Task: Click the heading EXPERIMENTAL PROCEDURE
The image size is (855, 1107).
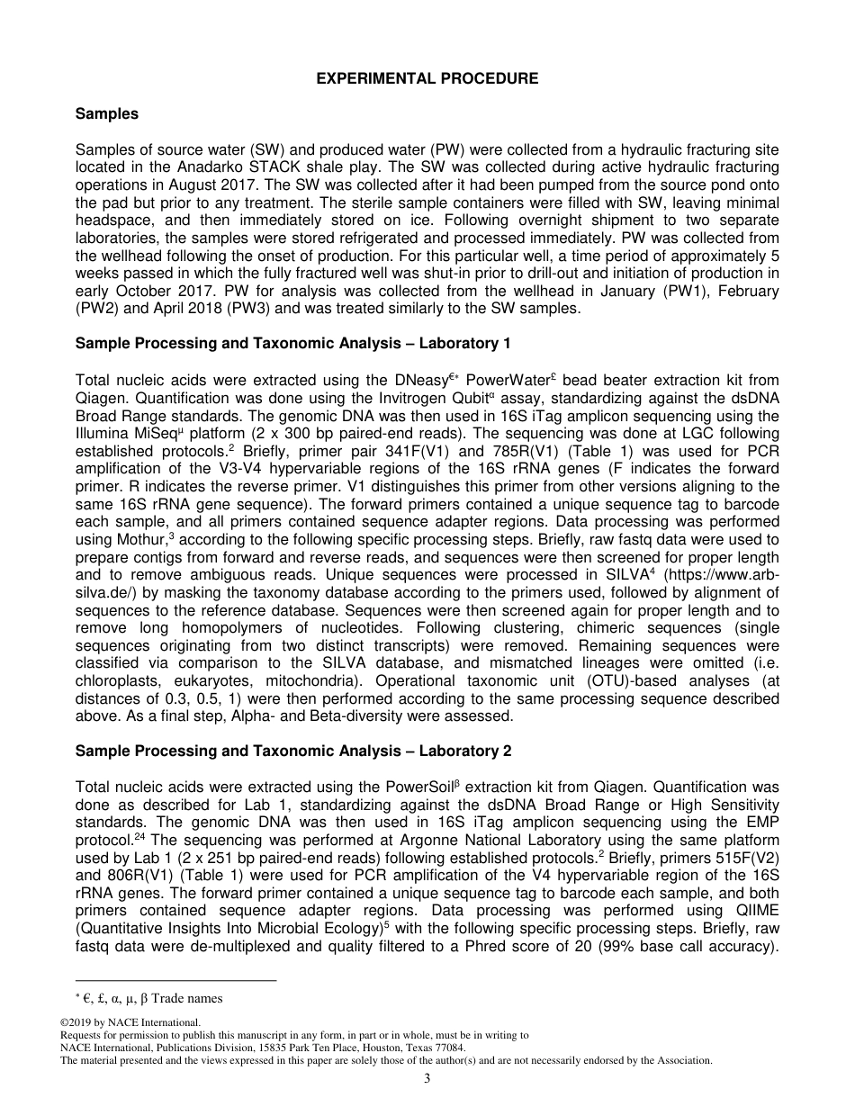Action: [427, 78]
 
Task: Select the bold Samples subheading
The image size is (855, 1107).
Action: [107, 113]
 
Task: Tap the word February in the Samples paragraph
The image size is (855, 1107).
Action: [751, 291]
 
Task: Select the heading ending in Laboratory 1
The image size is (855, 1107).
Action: [292, 343]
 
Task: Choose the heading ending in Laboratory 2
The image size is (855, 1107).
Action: [292, 751]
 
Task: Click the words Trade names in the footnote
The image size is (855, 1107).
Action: [192, 997]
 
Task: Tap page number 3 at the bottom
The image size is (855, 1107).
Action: [427, 1079]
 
